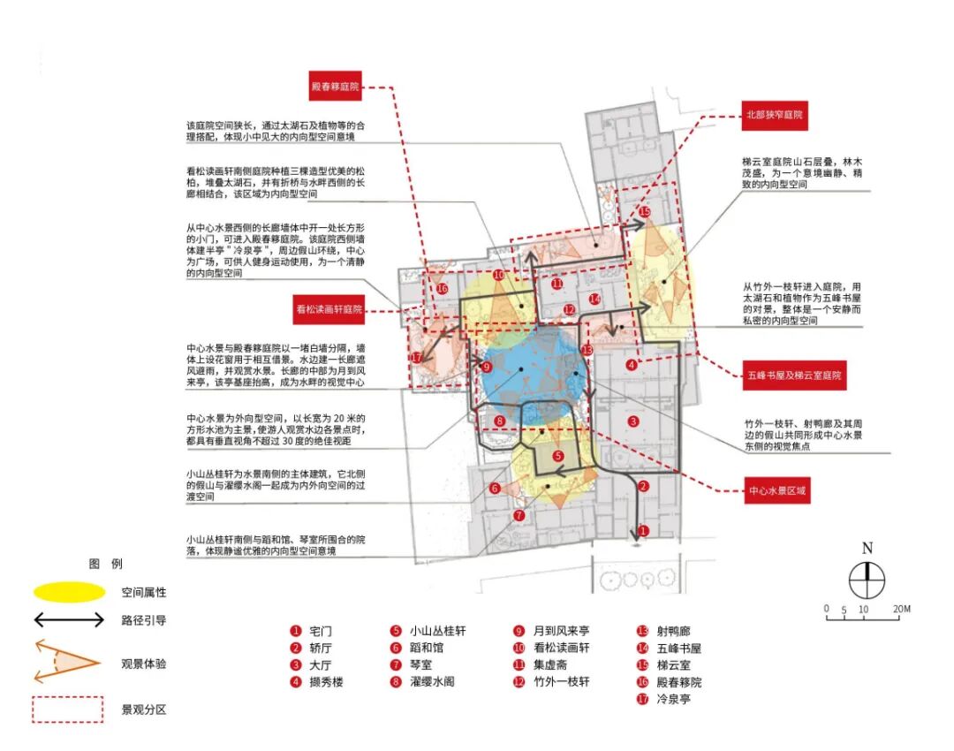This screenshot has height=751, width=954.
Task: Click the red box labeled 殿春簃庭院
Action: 336,87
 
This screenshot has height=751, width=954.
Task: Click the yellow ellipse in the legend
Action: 69,591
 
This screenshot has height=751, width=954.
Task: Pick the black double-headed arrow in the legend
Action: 69,620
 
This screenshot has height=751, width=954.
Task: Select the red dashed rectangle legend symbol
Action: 69,709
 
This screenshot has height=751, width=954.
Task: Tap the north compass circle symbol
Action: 867,580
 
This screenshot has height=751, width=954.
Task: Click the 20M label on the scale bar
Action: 900,609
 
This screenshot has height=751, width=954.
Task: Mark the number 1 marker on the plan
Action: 643,531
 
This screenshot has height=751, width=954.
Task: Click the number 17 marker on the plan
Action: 417,358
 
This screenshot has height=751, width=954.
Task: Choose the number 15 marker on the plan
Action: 645,212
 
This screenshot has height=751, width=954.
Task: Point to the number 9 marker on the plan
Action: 486,367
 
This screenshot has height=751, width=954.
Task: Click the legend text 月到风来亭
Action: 562,631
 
